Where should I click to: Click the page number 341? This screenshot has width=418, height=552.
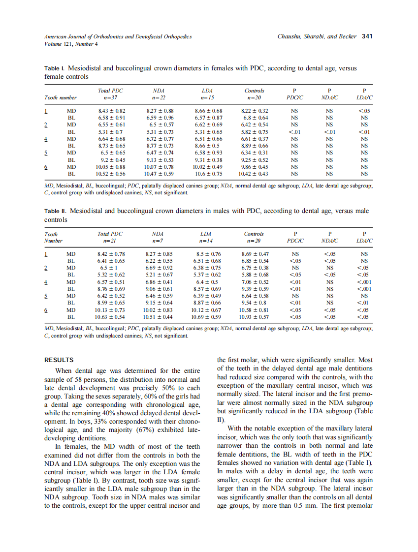click(x=367, y=36)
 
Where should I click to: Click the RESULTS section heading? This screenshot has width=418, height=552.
click(x=59, y=360)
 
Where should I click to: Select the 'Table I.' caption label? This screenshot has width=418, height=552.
click(x=54, y=68)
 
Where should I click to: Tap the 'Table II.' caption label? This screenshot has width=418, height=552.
click(x=55, y=211)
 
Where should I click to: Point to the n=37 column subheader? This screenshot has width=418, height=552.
click(x=110, y=98)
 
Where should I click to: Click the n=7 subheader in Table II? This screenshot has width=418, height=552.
click(x=158, y=241)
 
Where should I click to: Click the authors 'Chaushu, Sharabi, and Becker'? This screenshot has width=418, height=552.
click(x=317, y=36)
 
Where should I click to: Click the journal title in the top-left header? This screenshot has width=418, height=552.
click(x=118, y=36)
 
